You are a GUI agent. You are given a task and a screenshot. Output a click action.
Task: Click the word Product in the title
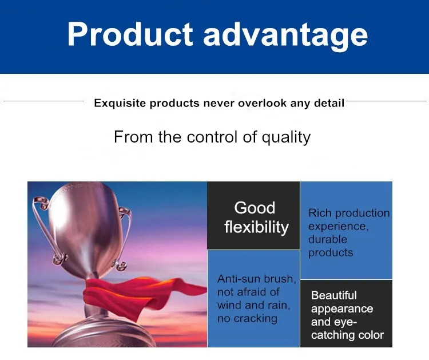[x=130, y=34]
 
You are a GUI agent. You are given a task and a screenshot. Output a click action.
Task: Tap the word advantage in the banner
[x=285, y=36]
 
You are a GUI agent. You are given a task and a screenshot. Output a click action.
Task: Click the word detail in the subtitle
[x=329, y=103]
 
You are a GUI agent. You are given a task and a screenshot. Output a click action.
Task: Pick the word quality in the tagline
[x=286, y=137]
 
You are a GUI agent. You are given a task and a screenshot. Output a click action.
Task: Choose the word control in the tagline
[x=212, y=137]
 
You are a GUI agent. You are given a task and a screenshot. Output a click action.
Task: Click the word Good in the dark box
[x=255, y=208]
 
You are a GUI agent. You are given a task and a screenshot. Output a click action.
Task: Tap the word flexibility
[x=256, y=227]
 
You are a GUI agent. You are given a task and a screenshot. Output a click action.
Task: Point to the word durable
[x=328, y=239]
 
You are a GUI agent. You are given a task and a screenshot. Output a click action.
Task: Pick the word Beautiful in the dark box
[x=334, y=295]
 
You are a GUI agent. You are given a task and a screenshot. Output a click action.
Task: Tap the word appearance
[x=342, y=309]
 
